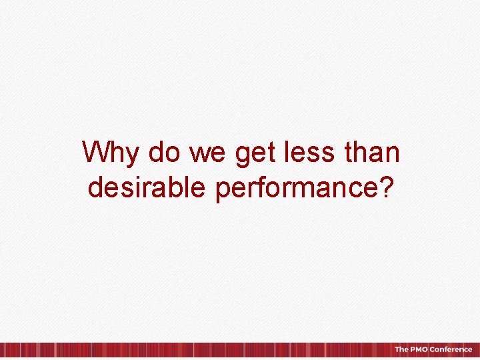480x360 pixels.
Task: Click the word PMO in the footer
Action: tap(418, 349)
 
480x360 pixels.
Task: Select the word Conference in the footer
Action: tap(451, 349)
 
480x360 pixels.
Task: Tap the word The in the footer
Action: tap(400, 349)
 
